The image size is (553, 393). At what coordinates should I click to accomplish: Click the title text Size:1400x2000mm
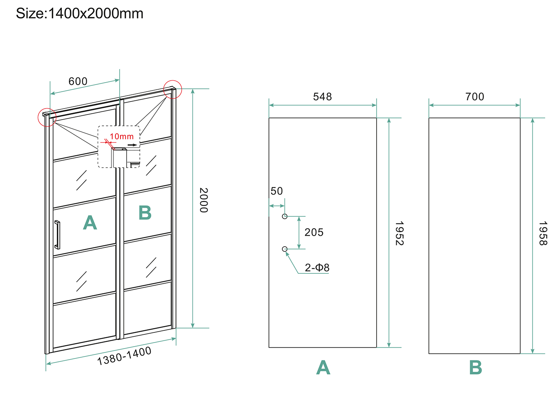(x=80, y=14)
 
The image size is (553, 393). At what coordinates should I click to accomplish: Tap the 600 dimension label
(x=78, y=81)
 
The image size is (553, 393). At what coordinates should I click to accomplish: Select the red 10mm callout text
(x=122, y=137)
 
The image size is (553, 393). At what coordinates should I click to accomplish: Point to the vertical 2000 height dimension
(x=203, y=200)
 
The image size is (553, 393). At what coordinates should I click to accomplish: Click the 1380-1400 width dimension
(x=124, y=356)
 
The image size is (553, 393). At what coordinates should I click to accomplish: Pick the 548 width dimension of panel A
(x=322, y=97)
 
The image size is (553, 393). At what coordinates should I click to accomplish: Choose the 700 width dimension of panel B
(x=475, y=97)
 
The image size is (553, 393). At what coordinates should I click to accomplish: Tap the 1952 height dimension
(x=399, y=233)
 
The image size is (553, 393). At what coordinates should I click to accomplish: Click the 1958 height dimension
(x=543, y=233)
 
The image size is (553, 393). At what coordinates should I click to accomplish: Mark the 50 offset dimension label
(x=276, y=191)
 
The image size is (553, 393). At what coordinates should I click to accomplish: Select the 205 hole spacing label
(x=314, y=232)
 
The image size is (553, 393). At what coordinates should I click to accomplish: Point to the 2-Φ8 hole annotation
(x=317, y=268)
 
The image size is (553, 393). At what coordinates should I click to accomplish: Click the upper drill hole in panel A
(x=285, y=216)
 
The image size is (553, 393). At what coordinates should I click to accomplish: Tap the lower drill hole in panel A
(x=285, y=249)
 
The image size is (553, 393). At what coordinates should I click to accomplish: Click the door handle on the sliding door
(x=58, y=235)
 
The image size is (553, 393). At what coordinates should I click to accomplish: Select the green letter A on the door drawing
(x=90, y=223)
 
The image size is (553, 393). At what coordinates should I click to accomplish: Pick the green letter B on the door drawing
(x=145, y=213)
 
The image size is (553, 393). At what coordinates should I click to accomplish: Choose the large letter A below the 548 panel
(x=323, y=368)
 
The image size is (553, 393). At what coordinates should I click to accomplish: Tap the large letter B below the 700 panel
(x=475, y=368)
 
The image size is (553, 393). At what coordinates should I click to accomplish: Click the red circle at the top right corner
(x=173, y=89)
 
